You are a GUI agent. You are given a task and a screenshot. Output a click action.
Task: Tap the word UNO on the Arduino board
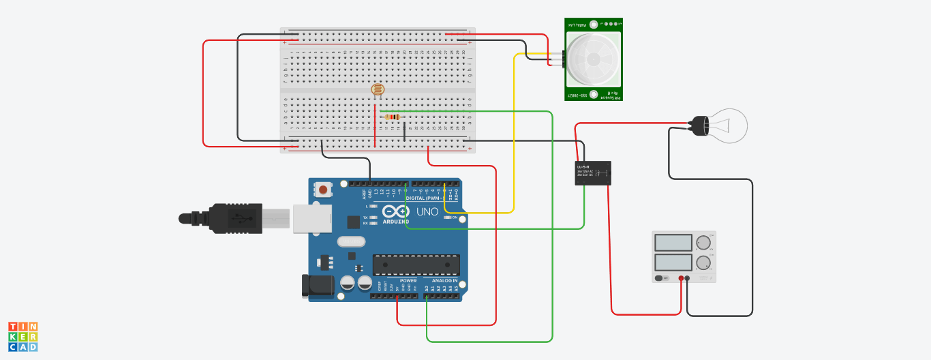click(427, 212)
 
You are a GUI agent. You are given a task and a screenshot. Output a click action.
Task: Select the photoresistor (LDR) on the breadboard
click(377, 89)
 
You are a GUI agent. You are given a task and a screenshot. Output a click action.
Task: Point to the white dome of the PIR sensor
click(590, 59)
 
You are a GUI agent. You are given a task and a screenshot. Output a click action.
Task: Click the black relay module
click(593, 172)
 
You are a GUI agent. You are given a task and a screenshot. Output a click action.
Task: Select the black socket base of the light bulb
click(700, 125)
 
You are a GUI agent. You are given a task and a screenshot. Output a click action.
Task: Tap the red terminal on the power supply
click(681, 278)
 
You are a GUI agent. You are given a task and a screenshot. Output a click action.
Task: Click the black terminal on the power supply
click(687, 278)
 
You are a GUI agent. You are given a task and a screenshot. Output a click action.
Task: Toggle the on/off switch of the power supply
click(660, 278)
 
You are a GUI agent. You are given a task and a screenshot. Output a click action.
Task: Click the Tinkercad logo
click(22, 337)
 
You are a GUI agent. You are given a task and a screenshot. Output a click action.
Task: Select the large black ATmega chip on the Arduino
click(416, 265)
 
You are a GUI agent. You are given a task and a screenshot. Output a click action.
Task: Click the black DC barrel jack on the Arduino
click(318, 286)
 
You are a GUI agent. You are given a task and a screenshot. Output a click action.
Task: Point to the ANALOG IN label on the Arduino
click(444, 280)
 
